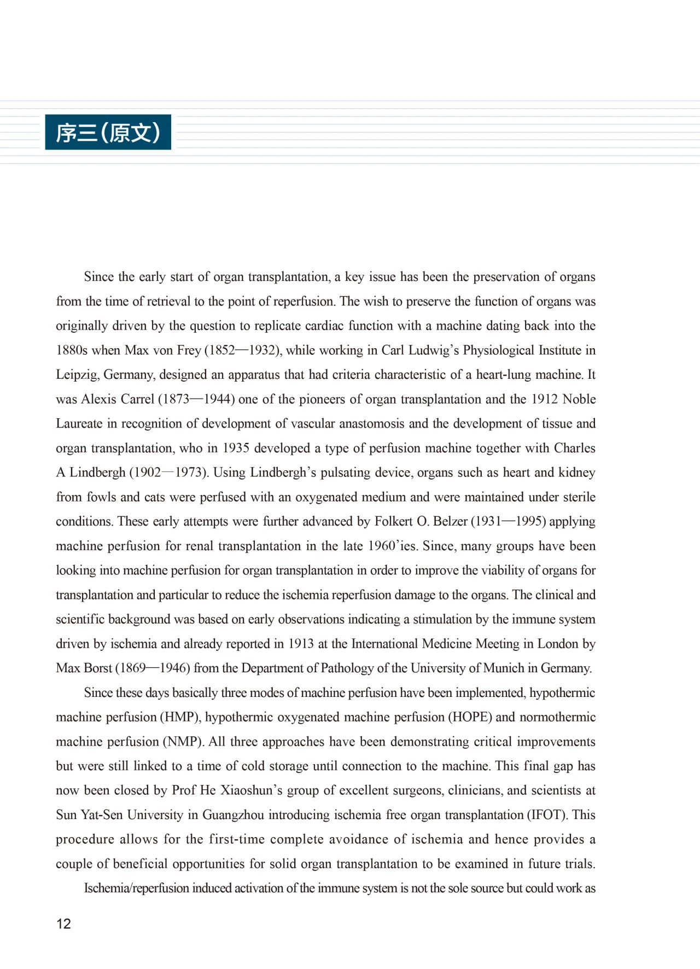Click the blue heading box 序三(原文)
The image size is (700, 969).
point(108,132)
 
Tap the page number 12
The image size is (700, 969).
point(63,924)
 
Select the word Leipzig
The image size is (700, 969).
point(77,375)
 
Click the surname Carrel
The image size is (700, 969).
point(138,399)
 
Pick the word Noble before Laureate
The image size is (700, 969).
point(579,399)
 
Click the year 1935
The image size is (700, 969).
point(236,448)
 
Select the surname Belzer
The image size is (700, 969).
point(451,521)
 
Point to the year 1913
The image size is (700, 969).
point(301,644)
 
